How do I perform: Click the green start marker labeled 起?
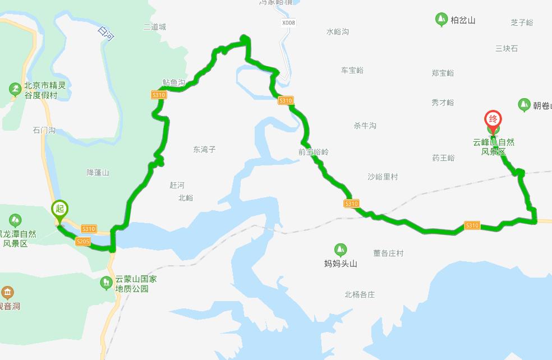point(59,209)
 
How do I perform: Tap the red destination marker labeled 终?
point(493,119)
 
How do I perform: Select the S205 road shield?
point(82,241)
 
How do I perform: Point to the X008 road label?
point(288,22)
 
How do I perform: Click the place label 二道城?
point(154,26)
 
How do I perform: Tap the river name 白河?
point(105,35)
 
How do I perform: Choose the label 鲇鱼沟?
point(174,82)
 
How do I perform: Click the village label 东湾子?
point(204,149)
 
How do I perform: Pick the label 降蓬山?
point(98,172)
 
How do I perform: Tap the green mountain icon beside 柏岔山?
point(441,20)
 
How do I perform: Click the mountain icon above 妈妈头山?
point(341,250)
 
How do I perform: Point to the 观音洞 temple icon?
point(7,292)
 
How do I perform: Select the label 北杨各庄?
point(360,294)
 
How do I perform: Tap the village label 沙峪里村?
point(383,177)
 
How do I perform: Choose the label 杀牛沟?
point(365,126)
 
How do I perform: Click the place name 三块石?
point(507,48)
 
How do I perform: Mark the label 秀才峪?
point(443,102)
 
